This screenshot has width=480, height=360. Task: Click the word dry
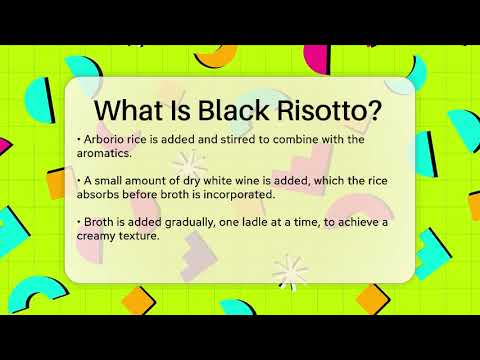[180, 180]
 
